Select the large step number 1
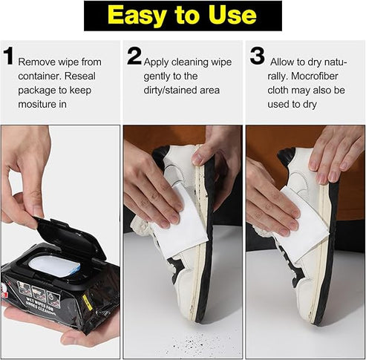click(9, 56)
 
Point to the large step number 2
click(134, 56)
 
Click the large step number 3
click(257, 56)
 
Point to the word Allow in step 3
click(286, 62)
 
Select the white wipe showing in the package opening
click(54, 265)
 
